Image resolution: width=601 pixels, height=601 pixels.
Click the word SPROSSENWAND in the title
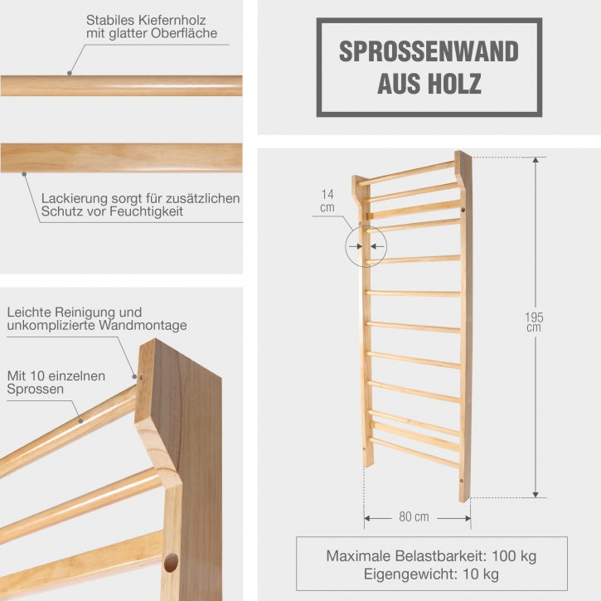pos(429,51)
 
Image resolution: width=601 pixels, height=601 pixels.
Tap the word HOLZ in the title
pos(455,83)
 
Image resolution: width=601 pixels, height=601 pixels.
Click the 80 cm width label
pos(414,517)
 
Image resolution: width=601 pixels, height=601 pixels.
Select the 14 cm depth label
pos(328,201)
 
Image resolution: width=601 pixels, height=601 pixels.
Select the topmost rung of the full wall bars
pos(406,172)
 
